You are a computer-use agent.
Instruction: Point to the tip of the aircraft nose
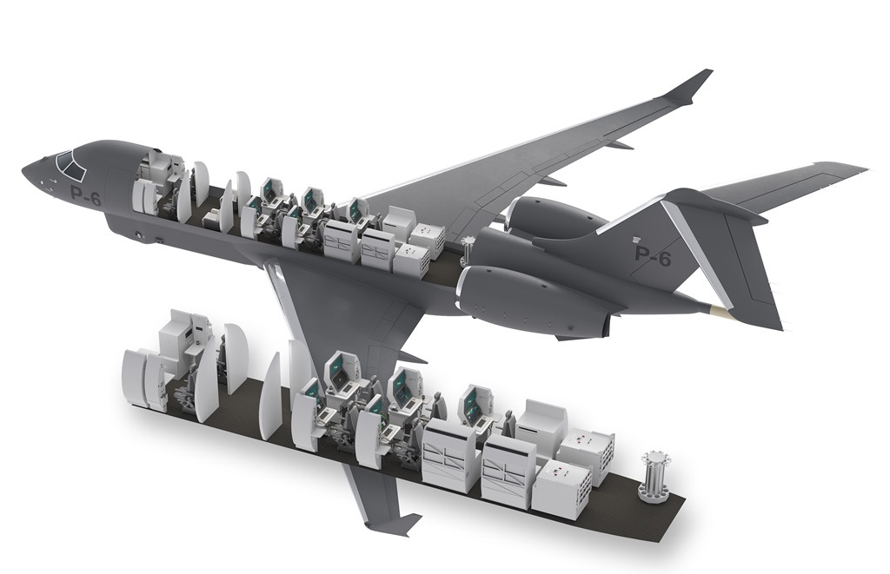(23, 169)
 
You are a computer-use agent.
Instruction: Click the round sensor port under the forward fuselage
(138, 234)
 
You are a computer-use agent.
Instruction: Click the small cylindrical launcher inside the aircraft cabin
(468, 250)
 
